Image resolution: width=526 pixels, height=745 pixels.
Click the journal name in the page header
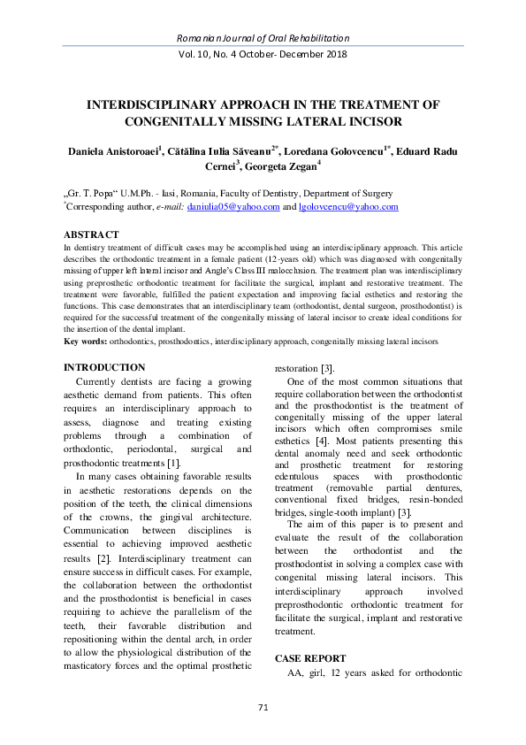[x=263, y=39]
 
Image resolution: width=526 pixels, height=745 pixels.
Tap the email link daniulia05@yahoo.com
[x=233, y=207]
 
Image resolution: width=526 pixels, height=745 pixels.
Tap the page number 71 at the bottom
[x=263, y=707]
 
